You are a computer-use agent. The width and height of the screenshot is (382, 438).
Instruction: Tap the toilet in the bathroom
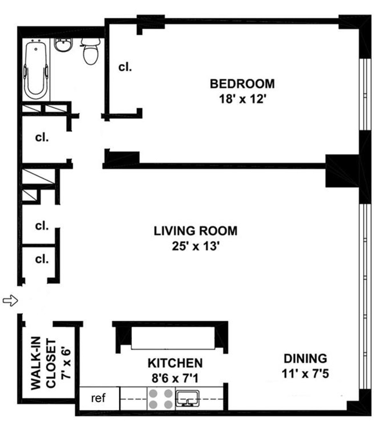90,53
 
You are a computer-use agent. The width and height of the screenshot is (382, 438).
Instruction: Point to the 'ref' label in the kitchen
98,398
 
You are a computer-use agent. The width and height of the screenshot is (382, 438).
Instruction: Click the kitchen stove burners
161,399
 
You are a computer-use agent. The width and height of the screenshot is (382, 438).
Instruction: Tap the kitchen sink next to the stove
188,398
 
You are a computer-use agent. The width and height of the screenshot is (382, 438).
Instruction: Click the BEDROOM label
242,84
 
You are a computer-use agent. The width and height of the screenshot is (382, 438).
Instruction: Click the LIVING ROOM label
195,231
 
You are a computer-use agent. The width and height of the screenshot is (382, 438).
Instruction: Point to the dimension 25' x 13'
195,246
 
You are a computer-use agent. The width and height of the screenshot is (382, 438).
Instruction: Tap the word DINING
305,358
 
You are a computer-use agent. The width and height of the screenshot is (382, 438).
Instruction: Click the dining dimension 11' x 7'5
305,373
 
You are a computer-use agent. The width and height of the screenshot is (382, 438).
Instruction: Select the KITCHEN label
175,363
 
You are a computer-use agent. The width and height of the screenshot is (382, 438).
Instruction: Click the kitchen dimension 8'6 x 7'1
175,378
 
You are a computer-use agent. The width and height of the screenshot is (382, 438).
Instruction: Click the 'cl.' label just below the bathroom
42,138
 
